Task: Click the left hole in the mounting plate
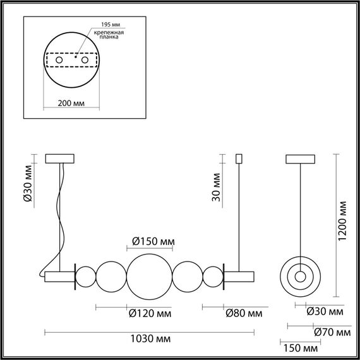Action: point(60,59)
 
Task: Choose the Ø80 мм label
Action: point(243,313)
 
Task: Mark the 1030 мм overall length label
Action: point(149,339)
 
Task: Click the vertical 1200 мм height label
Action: point(342,224)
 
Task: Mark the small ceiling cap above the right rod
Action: point(239,157)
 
